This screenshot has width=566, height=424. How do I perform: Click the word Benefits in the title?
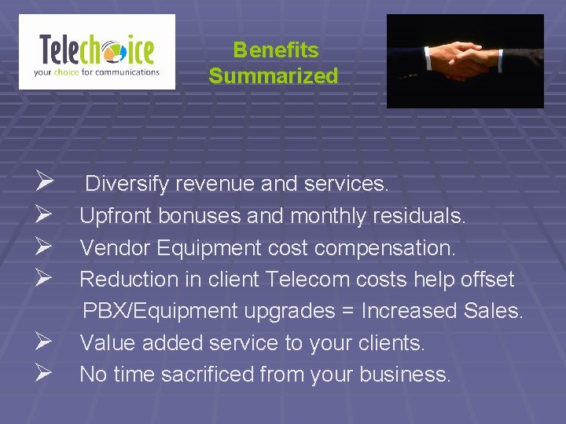[x=276, y=50]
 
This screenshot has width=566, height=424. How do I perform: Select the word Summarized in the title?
[x=274, y=76]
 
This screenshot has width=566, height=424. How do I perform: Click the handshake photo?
[x=465, y=60]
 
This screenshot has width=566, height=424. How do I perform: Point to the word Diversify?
[x=127, y=184]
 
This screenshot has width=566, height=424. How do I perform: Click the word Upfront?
[x=116, y=215]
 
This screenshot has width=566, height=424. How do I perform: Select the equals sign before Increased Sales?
[x=345, y=312]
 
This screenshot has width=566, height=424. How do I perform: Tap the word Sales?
[x=493, y=311]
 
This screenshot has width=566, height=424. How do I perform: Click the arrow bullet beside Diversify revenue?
[x=43, y=184]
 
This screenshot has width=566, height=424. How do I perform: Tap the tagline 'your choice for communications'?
[x=96, y=72]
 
